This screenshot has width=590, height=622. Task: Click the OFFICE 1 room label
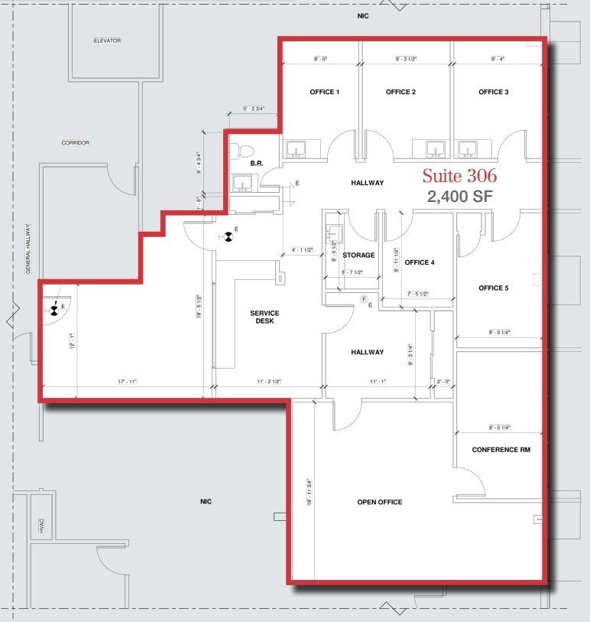tap(324, 92)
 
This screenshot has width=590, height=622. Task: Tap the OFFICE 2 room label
tap(400, 92)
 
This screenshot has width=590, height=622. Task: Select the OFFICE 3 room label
tap(494, 92)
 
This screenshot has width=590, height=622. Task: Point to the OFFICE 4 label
tap(420, 262)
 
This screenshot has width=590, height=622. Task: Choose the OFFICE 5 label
tap(494, 288)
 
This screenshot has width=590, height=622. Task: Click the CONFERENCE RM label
tap(501, 450)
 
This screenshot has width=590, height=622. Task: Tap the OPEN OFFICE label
tap(380, 503)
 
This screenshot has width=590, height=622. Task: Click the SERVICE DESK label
tap(264, 317)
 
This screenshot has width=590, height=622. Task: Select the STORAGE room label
tap(358, 255)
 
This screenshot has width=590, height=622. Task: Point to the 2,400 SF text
tap(460, 197)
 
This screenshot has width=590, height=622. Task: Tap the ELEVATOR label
tap(108, 41)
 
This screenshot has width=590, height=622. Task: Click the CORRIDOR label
tap(76, 143)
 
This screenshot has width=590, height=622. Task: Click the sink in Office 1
tap(296, 148)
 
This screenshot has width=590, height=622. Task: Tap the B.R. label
tap(257, 164)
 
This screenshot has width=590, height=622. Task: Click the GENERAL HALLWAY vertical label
tap(28, 249)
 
